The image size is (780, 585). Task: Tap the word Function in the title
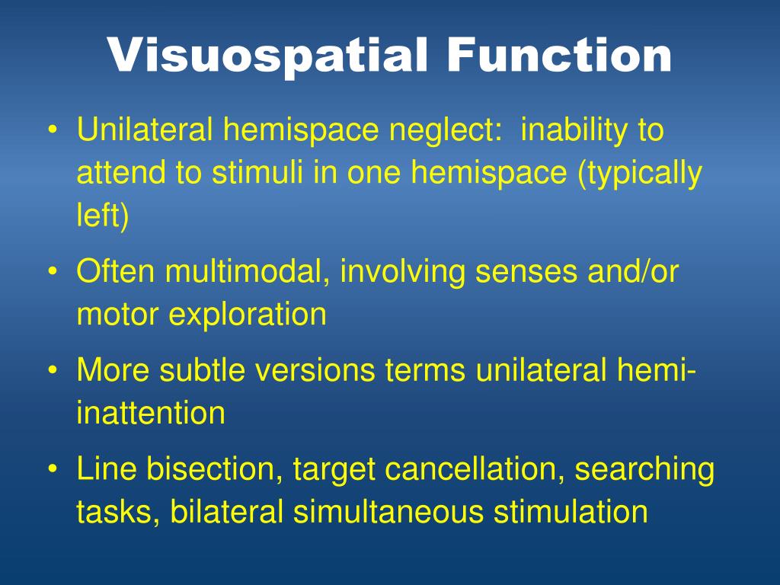tap(559, 55)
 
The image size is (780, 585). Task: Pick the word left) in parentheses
tap(103, 218)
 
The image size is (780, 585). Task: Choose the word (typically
tap(640, 174)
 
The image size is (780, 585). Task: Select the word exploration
tap(247, 315)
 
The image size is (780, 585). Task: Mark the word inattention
tap(151, 414)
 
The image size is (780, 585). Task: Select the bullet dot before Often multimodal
tap(53, 273)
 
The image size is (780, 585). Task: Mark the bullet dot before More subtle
tap(53, 372)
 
